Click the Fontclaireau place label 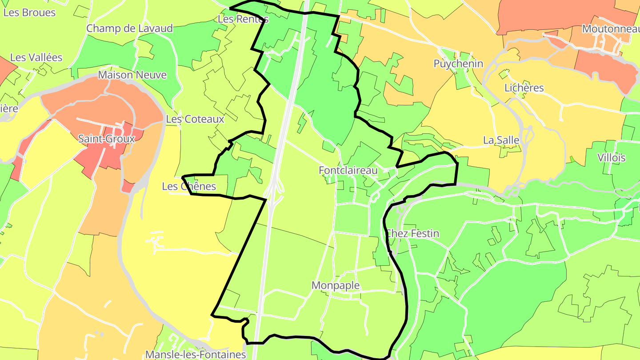(348, 170)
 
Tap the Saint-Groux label (106, 139)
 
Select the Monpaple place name (336, 285)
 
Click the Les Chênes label (189, 186)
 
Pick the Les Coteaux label (195, 119)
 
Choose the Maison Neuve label (132, 75)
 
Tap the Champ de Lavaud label (129, 28)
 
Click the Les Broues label (29, 12)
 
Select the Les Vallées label (36, 57)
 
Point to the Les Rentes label (243, 19)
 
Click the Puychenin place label (458, 64)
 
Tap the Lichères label (524, 88)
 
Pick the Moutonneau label (610, 29)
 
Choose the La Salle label (501, 140)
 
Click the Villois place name (611, 158)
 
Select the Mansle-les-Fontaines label (196, 354)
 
